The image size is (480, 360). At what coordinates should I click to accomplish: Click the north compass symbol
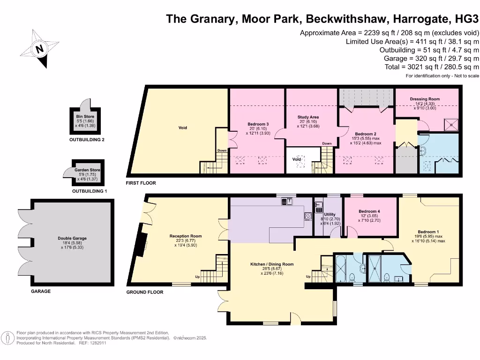click(39, 49)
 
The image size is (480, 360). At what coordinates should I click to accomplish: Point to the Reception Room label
click(186, 236)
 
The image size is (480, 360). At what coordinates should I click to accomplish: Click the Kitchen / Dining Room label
click(272, 264)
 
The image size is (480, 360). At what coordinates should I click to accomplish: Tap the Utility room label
click(330, 214)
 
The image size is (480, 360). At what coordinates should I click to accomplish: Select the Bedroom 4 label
click(369, 211)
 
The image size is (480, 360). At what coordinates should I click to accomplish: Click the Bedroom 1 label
click(428, 232)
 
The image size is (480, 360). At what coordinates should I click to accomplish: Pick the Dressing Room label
click(425, 99)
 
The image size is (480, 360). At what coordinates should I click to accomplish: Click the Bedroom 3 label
click(258, 124)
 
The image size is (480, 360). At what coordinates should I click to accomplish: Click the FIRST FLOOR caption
click(141, 183)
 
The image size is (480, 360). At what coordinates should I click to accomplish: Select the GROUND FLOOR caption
click(145, 292)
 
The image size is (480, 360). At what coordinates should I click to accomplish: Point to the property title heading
click(323, 19)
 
